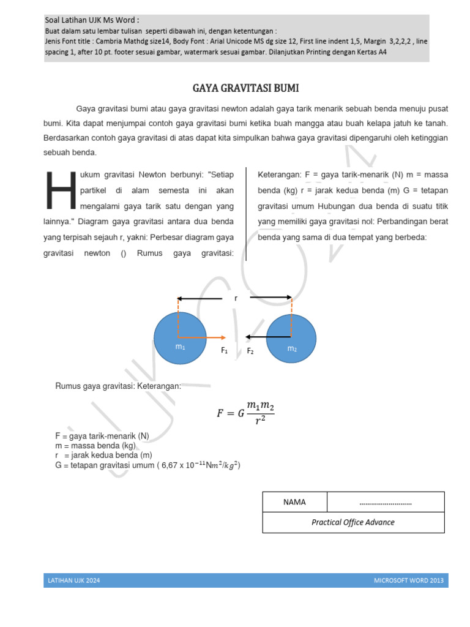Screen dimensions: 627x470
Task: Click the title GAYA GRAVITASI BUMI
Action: click(245, 88)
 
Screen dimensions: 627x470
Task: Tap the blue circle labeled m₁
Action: click(180, 339)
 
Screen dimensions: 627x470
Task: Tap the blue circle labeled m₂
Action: click(291, 339)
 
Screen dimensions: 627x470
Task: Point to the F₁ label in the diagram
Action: click(224, 351)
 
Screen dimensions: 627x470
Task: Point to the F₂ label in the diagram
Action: click(250, 351)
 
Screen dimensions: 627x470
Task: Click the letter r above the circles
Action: click(236, 298)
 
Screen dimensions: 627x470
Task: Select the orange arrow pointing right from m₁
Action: click(205, 337)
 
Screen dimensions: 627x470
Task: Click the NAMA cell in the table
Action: click(294, 502)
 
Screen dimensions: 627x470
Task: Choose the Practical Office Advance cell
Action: click(353, 522)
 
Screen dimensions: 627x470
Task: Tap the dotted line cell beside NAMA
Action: click(386, 502)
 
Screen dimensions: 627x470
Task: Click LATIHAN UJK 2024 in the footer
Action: click(73, 580)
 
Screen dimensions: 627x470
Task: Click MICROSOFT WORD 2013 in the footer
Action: click(409, 580)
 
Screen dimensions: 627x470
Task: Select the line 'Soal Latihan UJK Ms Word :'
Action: click(92, 20)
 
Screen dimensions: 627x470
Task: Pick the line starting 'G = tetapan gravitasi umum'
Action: click(147, 465)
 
